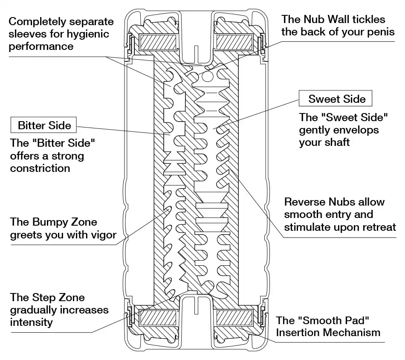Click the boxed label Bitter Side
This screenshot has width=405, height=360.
coord(43,125)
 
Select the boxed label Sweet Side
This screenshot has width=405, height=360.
coord(335,99)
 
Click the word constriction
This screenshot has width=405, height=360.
coord(40,168)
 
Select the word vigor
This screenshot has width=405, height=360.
coord(104,235)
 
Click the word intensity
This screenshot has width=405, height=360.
coord(31,322)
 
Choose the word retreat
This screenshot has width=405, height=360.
coord(379,227)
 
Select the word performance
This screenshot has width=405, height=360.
coord(41,47)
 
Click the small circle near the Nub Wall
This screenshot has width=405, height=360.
coord(208,76)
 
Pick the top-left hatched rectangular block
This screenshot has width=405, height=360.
coord(158,42)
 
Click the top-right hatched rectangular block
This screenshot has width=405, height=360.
coord(234,42)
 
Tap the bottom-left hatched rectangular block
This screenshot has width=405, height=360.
coord(158,318)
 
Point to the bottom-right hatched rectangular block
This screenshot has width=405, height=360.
coord(234,318)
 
